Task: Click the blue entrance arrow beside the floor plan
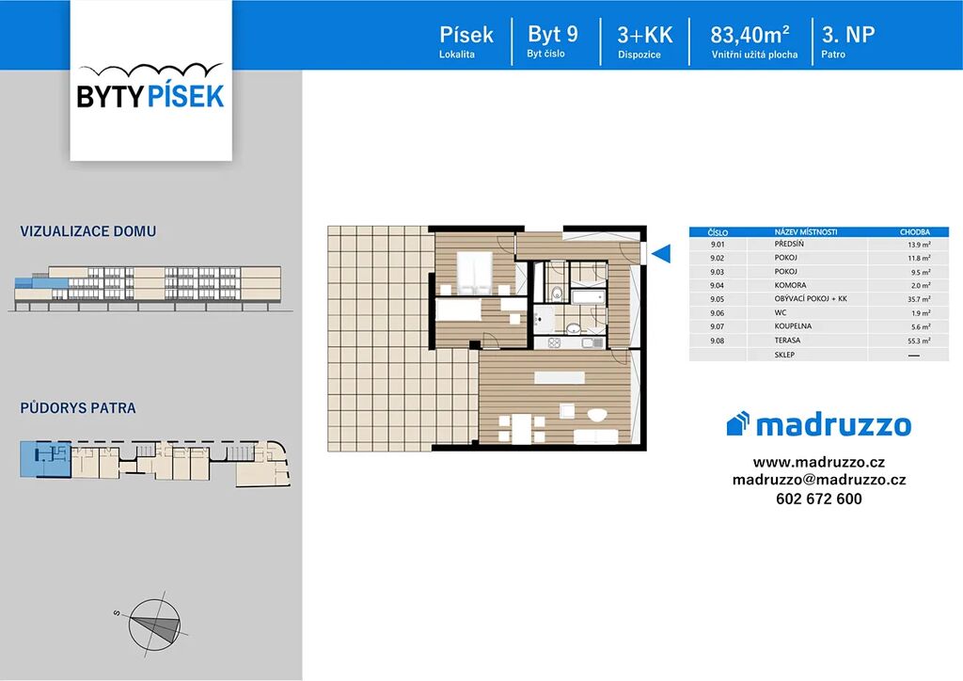click(661, 253)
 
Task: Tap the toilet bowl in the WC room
click(557, 293)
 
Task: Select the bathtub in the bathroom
click(589, 298)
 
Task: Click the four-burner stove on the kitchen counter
click(554, 343)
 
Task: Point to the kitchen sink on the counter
click(593, 343)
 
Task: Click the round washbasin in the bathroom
click(573, 328)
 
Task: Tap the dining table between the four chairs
click(521, 429)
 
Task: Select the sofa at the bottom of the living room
click(595, 436)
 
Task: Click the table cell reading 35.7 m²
click(919, 299)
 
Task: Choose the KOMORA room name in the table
click(790, 286)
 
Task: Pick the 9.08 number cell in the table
click(717, 340)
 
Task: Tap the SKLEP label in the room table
click(785, 355)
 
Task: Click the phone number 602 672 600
click(819, 499)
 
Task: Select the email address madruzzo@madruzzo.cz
click(819, 481)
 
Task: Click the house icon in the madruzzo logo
click(738, 423)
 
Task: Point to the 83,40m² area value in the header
click(750, 35)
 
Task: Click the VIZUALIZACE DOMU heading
click(88, 231)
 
